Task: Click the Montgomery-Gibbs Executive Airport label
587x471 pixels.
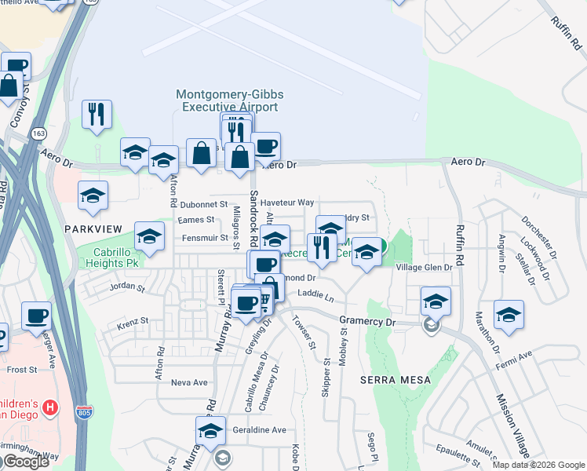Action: point(229,100)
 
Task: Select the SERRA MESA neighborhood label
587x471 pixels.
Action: point(396,380)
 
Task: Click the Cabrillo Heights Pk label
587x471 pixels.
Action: point(116,258)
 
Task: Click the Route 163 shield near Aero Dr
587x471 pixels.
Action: point(39,134)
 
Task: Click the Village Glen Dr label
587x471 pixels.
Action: point(424,268)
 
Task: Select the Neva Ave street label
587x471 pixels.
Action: point(188,383)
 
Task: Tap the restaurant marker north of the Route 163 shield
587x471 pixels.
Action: point(97,114)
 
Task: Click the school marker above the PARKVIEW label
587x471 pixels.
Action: point(93,195)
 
